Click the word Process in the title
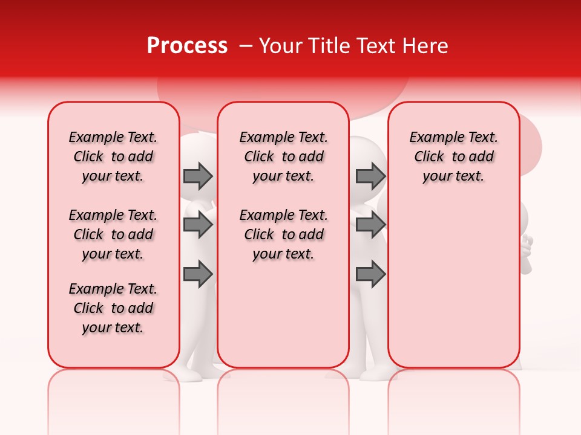pos(187,46)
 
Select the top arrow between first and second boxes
pos(198,176)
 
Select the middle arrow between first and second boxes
pos(198,225)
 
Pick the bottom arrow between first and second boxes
pos(198,274)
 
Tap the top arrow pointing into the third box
pos(370,176)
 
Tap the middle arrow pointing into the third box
pos(370,225)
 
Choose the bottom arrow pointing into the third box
pos(370,274)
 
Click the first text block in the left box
pos(113,156)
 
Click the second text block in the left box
pos(113,234)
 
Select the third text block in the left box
pos(113,308)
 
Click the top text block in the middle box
pos(283,156)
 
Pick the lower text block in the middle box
pos(283,234)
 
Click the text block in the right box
pos(453,156)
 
